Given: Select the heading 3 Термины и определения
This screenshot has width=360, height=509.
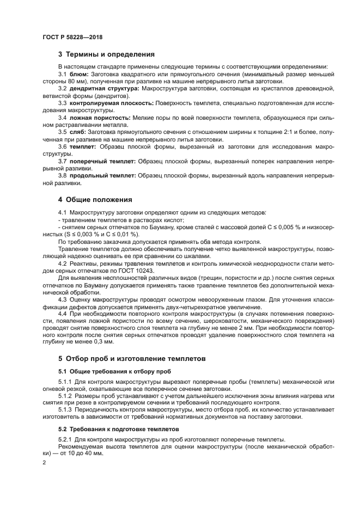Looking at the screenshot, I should coord(106,54).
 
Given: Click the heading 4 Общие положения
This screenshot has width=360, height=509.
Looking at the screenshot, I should coord(95,199).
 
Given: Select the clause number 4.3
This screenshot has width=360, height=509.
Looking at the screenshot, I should coord(62,299).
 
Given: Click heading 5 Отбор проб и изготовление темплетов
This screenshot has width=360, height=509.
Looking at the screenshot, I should coord(132,359).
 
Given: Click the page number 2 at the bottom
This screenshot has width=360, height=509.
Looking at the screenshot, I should coord(44,463).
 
